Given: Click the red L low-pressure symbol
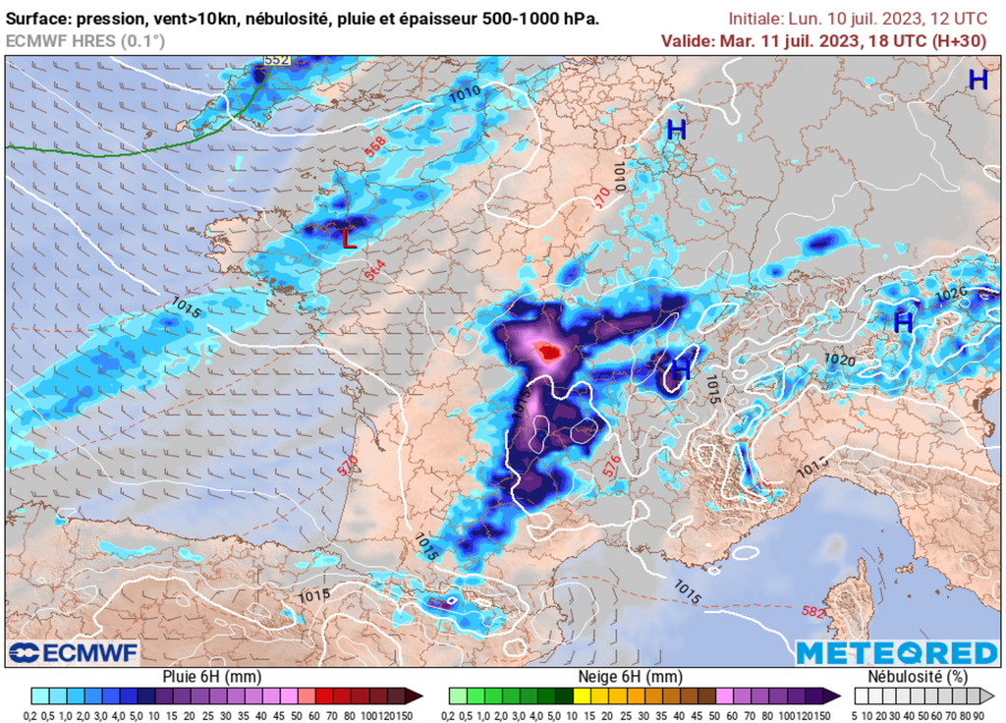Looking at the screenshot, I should [x=348, y=238].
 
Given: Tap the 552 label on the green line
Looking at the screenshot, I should [x=277, y=60].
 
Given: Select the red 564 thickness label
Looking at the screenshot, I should [x=375, y=272].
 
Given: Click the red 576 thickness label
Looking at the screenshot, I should [x=611, y=467].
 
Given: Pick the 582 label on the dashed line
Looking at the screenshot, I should [x=812, y=612].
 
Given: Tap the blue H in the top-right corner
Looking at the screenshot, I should [x=978, y=81].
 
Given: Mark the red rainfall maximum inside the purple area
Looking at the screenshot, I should [x=551, y=352].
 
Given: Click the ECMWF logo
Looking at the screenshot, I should [x=74, y=652].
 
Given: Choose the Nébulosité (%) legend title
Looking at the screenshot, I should [x=918, y=677].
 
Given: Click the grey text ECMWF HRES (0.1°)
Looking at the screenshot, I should [x=85, y=40].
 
